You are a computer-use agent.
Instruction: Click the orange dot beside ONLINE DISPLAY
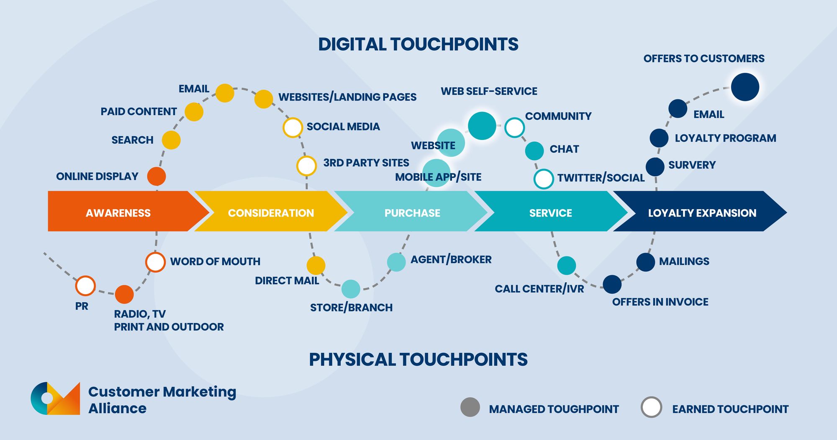click(157, 176)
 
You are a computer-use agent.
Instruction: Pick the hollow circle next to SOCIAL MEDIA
click(293, 127)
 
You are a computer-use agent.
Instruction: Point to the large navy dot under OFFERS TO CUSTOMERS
click(745, 87)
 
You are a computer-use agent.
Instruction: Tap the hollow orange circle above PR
click(85, 286)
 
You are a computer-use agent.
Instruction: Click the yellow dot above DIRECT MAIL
click(316, 265)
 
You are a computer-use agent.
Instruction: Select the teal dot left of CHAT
click(534, 151)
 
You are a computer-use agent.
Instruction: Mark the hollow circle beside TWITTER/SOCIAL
click(544, 179)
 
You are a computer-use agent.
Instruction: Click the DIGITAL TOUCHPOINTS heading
click(418, 44)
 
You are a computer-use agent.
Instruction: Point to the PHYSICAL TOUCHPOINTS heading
click(418, 360)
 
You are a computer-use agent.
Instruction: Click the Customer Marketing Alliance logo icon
click(55, 399)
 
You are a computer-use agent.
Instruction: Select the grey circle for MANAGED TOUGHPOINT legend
click(470, 407)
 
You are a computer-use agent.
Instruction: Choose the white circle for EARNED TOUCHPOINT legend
click(651, 407)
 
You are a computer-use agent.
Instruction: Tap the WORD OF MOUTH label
click(215, 261)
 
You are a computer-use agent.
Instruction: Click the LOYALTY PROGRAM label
click(725, 138)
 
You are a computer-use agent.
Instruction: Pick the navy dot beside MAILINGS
click(645, 262)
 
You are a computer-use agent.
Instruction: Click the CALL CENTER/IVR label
click(539, 289)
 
